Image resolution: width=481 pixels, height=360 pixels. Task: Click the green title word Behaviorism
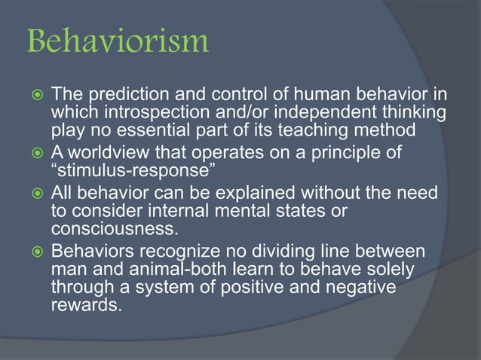(x=116, y=41)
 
